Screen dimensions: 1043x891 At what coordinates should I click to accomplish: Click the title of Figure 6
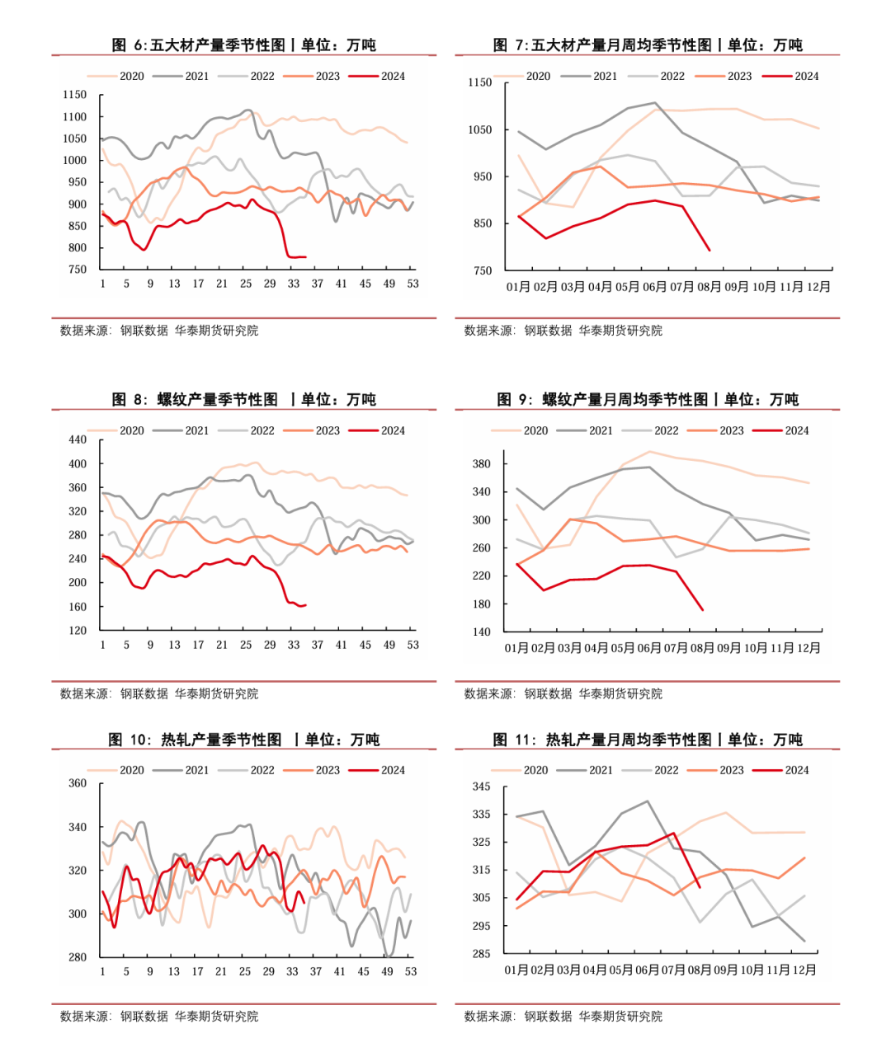point(243,45)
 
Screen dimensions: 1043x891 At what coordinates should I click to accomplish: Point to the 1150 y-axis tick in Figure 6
point(74,95)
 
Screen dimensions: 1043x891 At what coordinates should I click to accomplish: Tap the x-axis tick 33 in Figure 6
point(294,284)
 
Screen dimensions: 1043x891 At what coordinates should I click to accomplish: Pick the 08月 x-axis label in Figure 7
point(709,287)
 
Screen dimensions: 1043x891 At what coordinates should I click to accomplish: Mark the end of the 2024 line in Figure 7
point(709,250)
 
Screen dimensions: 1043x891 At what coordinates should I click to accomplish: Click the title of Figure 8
point(243,399)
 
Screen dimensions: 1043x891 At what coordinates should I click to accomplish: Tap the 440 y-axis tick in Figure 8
point(77,440)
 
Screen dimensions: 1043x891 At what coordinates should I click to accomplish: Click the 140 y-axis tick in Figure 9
point(481,632)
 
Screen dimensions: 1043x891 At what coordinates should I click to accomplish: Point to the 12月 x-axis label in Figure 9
point(808,648)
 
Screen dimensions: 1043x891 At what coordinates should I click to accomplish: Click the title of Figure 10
point(243,740)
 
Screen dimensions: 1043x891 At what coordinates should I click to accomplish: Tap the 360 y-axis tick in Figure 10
point(77,783)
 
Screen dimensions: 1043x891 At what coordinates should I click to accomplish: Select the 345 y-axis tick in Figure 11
point(481,787)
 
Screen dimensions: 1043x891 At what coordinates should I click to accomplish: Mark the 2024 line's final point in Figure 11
point(700,887)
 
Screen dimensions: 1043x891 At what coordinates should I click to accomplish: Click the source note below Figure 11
point(563,1017)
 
